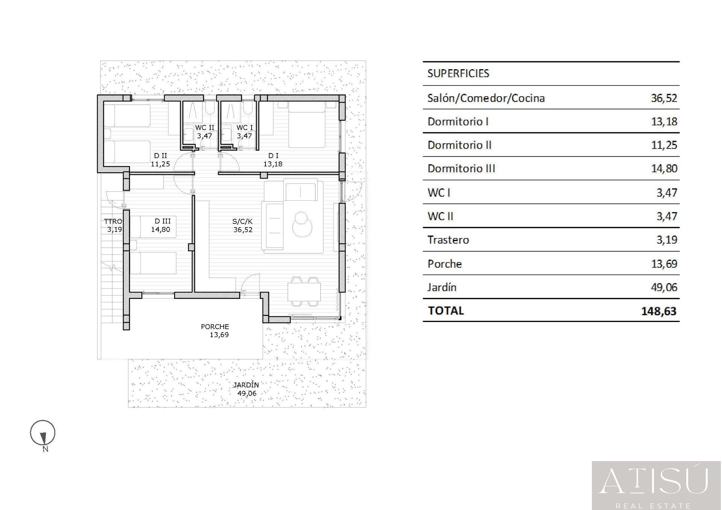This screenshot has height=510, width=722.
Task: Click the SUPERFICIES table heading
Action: tap(458, 73)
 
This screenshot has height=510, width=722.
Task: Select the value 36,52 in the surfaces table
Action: tap(664, 98)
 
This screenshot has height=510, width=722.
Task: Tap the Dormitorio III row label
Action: tap(461, 168)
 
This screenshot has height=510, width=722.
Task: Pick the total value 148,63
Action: tap(659, 311)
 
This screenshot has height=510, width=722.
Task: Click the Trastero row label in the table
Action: tap(448, 240)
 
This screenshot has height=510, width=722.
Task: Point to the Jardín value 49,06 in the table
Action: tap(664, 287)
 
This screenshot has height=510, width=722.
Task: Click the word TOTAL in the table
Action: tap(446, 311)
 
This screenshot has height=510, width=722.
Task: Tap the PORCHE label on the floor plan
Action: tap(215, 326)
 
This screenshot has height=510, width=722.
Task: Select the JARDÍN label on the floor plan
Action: tap(246, 385)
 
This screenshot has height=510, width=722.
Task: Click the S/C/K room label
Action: tap(243, 222)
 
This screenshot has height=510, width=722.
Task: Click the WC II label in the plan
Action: tap(205, 128)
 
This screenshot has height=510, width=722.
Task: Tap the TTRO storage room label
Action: tap(113, 221)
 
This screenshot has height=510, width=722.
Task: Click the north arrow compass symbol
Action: tap(43, 433)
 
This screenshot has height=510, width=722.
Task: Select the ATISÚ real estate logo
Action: tap(657, 486)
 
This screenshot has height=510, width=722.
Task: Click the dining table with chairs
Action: tap(304, 292)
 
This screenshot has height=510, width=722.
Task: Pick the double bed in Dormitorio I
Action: tap(306, 124)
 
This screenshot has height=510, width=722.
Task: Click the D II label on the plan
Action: tap(161, 155)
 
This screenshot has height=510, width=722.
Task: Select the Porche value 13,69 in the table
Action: tap(664, 264)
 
